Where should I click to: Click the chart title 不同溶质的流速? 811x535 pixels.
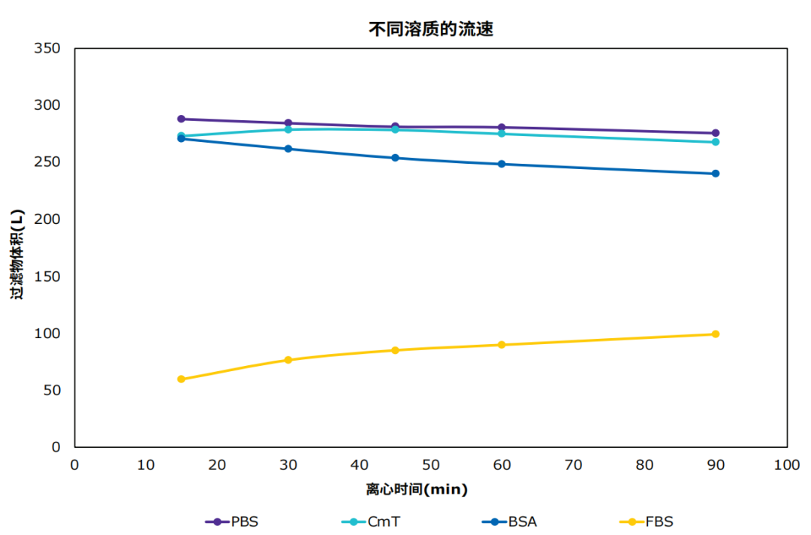[x=431, y=29]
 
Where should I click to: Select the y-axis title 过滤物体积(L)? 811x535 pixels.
[x=17, y=254]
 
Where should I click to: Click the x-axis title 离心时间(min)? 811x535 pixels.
[x=417, y=489]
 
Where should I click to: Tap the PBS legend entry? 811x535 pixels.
[x=232, y=521]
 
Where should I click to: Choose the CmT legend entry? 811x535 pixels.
[x=371, y=521]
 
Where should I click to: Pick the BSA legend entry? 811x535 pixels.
[x=509, y=521]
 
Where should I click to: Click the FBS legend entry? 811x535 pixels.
[x=647, y=521]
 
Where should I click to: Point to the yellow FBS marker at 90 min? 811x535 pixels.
[x=716, y=334]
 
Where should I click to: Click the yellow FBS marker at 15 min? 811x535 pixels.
[x=181, y=379]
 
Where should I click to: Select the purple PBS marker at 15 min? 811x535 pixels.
[x=181, y=119]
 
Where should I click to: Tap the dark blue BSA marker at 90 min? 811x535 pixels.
[x=716, y=174]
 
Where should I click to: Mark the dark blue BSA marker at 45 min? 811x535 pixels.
[x=395, y=158]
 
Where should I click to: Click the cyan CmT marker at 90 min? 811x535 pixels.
[x=716, y=142]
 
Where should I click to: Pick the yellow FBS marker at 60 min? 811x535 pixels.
[x=502, y=345]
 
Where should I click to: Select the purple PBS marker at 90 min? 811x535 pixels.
[x=716, y=133]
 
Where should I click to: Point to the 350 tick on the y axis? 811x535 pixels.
[x=47, y=48]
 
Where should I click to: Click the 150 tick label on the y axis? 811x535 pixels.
[x=47, y=277]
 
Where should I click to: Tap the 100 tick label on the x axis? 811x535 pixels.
[x=787, y=464]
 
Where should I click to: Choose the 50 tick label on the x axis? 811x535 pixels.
[x=431, y=464]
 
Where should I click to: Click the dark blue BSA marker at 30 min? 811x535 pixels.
[x=288, y=149]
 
